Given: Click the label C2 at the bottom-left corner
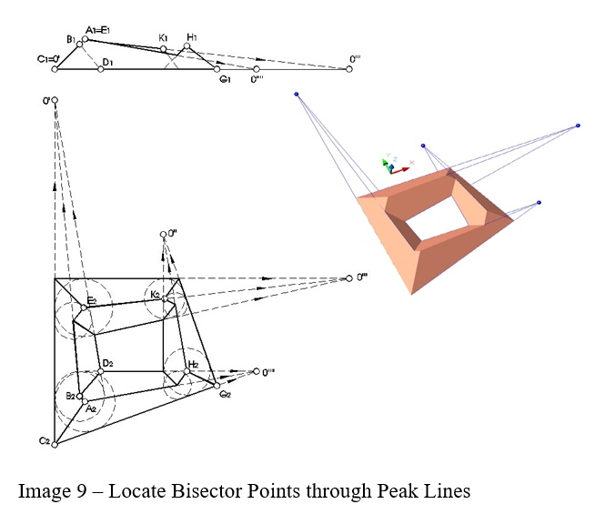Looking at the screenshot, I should point(43,441).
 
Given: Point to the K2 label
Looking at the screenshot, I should point(156,294).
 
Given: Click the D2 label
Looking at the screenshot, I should point(107,363).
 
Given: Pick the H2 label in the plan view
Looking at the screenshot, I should point(192,364).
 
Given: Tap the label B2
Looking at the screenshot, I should point(70,396).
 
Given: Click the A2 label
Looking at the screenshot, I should point(91,409).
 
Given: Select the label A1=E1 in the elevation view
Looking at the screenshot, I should point(97,30).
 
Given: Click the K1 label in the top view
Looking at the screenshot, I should point(163,37).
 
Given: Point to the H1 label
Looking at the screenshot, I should point(191,37).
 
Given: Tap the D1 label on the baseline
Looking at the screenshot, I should point(107,62).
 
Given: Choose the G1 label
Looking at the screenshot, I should point(223,79).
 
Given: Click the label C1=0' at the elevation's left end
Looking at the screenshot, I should point(48,60).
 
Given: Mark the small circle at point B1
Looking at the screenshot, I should point(80,43).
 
